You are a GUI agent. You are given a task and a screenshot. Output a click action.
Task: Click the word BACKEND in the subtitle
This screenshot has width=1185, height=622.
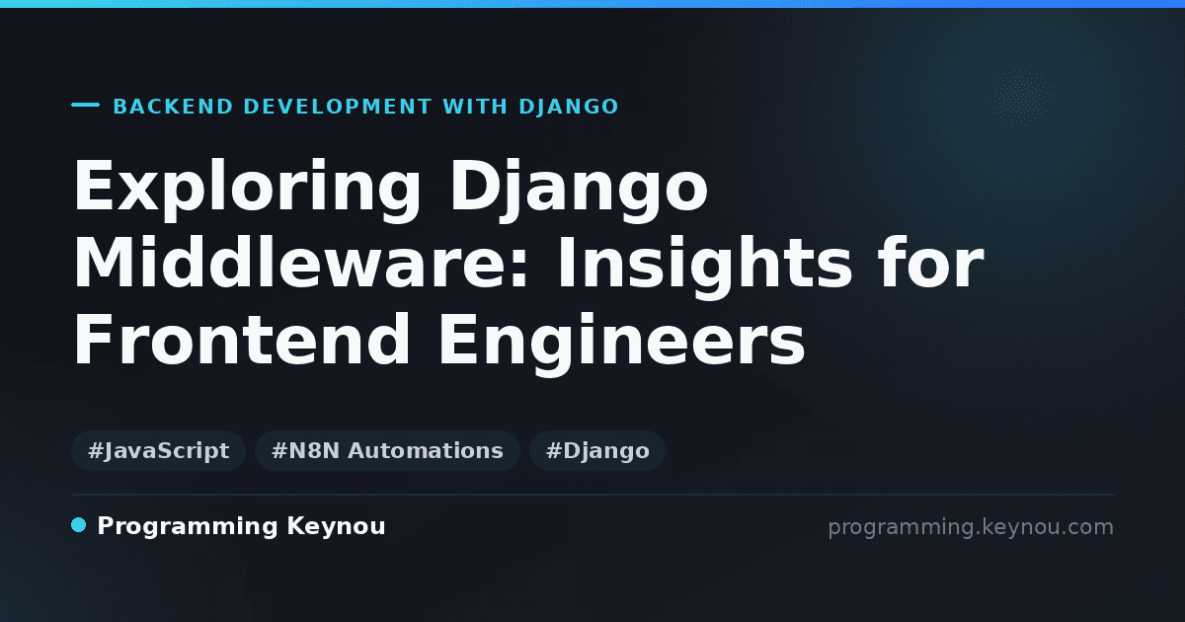tap(173, 107)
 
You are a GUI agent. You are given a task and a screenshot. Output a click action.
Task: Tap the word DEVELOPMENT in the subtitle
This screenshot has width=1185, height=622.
tap(338, 107)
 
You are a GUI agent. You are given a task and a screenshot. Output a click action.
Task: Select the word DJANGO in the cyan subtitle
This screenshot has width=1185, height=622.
tap(569, 107)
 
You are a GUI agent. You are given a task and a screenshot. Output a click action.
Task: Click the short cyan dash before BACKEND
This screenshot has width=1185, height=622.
tap(85, 105)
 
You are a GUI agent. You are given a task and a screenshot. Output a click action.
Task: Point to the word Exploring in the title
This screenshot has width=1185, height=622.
tap(247, 189)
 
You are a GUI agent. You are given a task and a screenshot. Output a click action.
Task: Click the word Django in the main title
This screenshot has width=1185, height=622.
tap(579, 189)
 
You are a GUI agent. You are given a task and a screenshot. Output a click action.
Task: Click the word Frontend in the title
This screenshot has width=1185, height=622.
tap(242, 339)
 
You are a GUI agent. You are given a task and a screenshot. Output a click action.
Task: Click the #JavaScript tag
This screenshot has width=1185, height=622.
tap(158, 450)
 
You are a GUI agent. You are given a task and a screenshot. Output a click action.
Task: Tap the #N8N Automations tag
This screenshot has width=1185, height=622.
tap(387, 450)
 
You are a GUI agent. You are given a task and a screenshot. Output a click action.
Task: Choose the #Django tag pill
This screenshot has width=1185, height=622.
tap(597, 450)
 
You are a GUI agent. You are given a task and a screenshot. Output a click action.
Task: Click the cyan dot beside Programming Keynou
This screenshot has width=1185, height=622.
tap(78, 525)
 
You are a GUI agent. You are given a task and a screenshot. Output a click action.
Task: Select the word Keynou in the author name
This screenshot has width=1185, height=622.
tap(336, 527)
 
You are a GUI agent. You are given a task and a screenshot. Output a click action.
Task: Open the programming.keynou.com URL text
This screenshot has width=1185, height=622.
tap(971, 527)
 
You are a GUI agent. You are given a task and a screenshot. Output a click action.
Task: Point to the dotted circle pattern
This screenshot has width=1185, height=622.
tap(1020, 98)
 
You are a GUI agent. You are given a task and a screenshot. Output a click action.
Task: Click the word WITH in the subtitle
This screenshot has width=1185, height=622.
tap(475, 107)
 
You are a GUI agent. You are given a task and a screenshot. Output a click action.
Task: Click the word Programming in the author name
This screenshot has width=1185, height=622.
tap(188, 527)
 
